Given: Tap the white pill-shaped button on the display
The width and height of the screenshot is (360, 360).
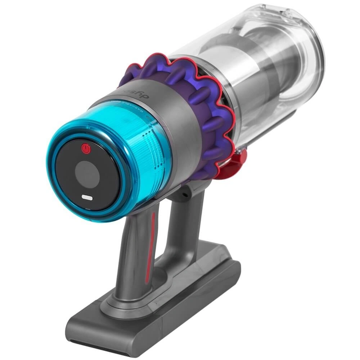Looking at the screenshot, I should click(x=87, y=198).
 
